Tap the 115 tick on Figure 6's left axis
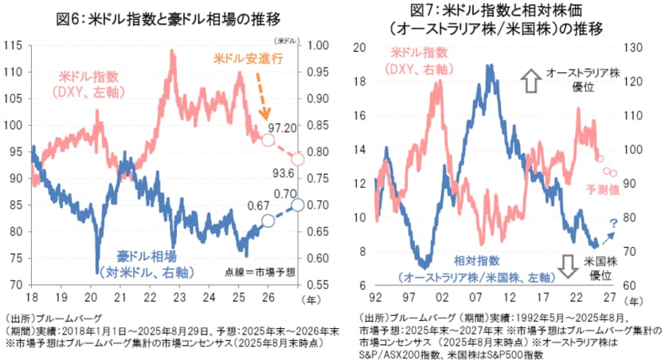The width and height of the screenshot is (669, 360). [x=13, y=45]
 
